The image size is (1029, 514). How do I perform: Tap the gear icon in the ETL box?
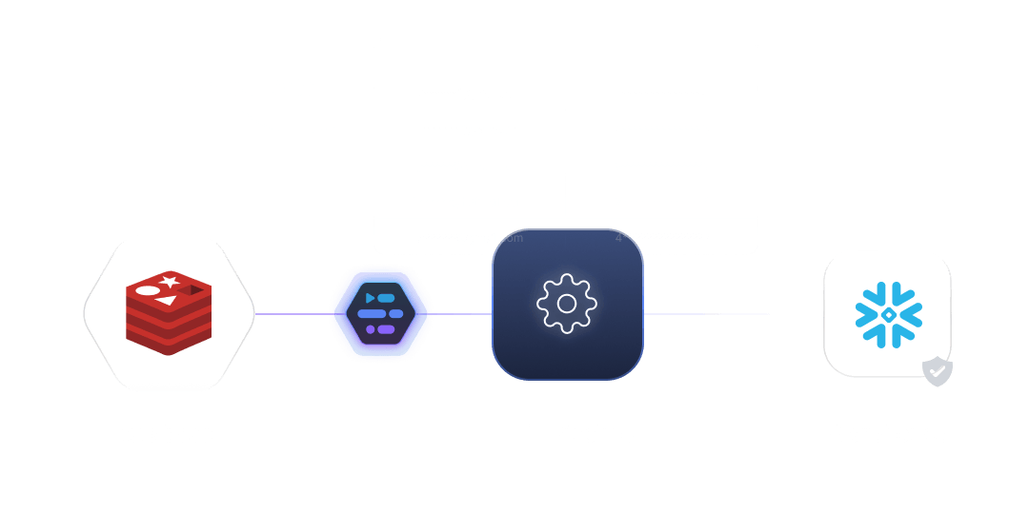coord(567,304)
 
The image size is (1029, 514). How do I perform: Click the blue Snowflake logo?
coord(887,313)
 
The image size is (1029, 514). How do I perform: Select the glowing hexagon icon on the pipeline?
coord(380,313)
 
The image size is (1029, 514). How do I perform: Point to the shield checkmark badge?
coord(938,372)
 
